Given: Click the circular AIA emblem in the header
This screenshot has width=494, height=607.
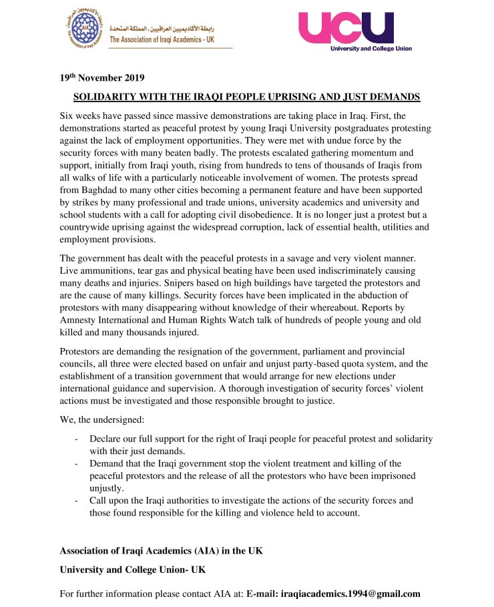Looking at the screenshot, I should (86, 28).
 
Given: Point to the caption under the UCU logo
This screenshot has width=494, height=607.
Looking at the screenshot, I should (371, 48).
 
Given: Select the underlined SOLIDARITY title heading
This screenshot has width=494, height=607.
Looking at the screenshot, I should (246, 97).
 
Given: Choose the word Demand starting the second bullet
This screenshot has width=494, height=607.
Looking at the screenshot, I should (108, 463).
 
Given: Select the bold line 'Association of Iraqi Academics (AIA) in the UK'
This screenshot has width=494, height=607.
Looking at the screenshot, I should (162, 550).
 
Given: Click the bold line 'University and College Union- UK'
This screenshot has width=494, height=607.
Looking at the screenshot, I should (134, 570).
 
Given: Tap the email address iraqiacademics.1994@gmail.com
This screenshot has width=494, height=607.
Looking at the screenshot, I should (350, 593).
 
